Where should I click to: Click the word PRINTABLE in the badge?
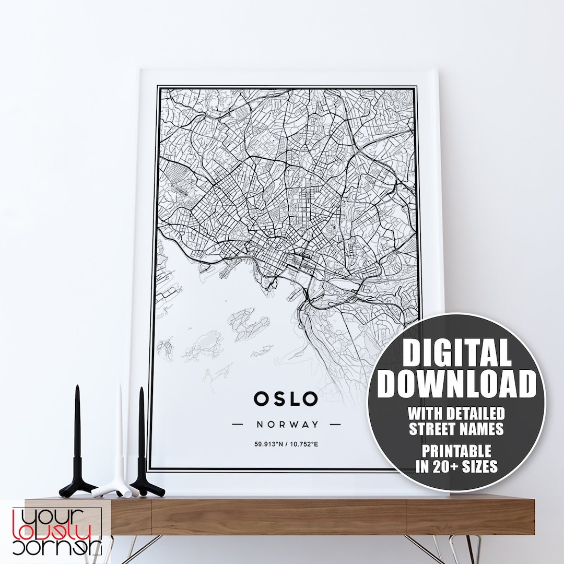[x=456, y=450]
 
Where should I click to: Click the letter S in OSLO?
[x=277, y=399]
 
